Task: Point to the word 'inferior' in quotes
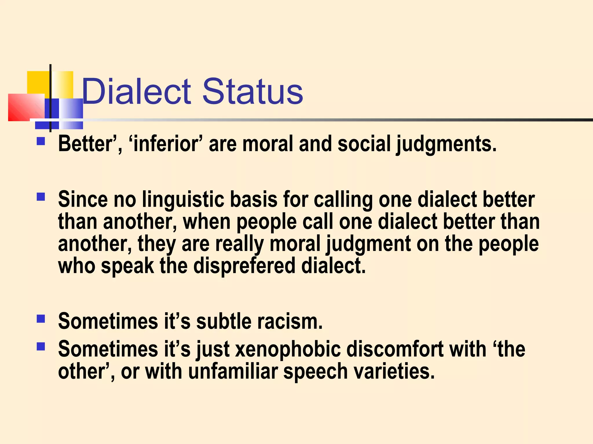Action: coord(166,144)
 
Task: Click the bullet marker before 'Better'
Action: coord(41,141)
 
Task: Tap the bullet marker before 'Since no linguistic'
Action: coord(41,197)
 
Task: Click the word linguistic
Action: coord(183,199)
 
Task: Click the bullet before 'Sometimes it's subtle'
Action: coord(41,319)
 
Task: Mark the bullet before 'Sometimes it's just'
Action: coord(41,346)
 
